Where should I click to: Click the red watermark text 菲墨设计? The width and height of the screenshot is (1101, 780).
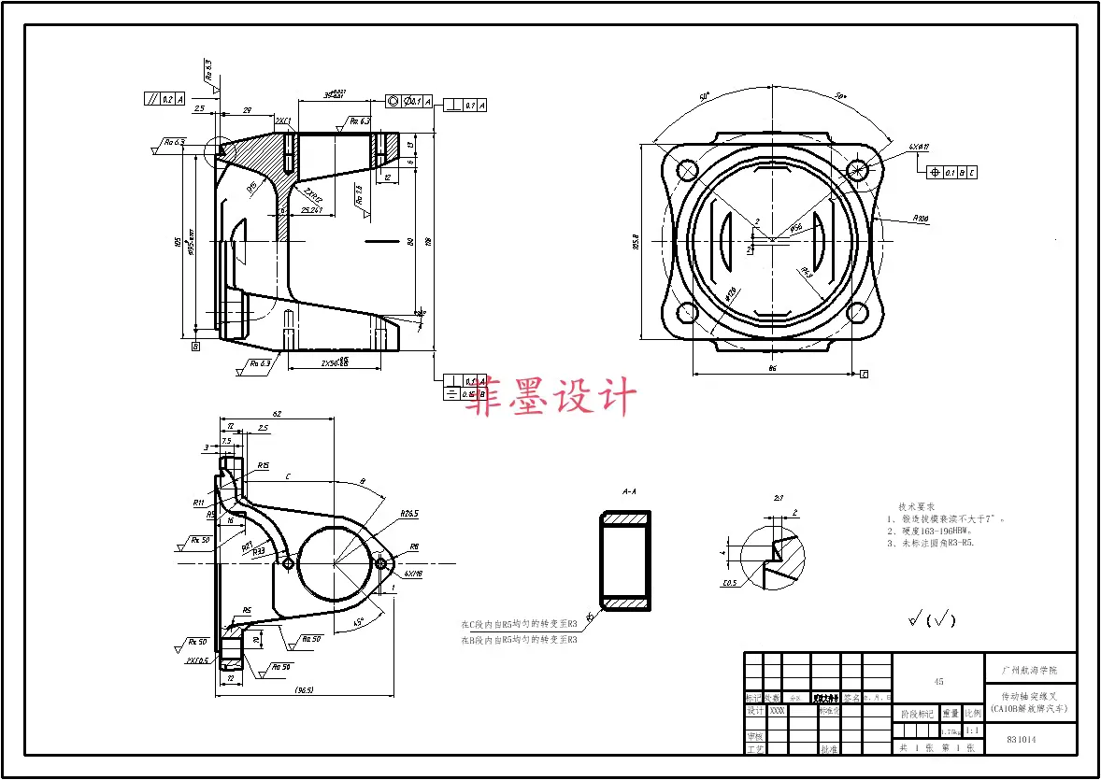[x=552, y=397]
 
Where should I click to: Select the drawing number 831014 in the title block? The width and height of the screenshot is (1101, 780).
[x=1021, y=740]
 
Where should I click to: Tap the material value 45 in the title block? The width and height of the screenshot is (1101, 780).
[x=938, y=682]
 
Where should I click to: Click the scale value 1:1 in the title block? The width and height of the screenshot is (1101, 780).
[x=972, y=731]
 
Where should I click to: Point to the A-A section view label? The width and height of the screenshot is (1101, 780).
[x=629, y=490]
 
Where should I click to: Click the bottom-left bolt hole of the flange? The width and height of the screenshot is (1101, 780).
[x=687, y=313]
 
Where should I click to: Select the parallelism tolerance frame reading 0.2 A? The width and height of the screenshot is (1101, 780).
[x=165, y=98]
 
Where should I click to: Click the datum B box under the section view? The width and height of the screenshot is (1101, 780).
[x=195, y=347]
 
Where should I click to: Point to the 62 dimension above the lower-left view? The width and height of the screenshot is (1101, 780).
[x=277, y=413]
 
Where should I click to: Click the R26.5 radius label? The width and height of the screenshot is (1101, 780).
[x=408, y=514]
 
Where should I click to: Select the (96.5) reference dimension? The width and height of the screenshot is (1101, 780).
[x=304, y=690]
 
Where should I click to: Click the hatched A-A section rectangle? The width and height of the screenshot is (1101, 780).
[x=626, y=561]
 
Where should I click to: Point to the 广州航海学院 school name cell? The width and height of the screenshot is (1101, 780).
[x=1030, y=670]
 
